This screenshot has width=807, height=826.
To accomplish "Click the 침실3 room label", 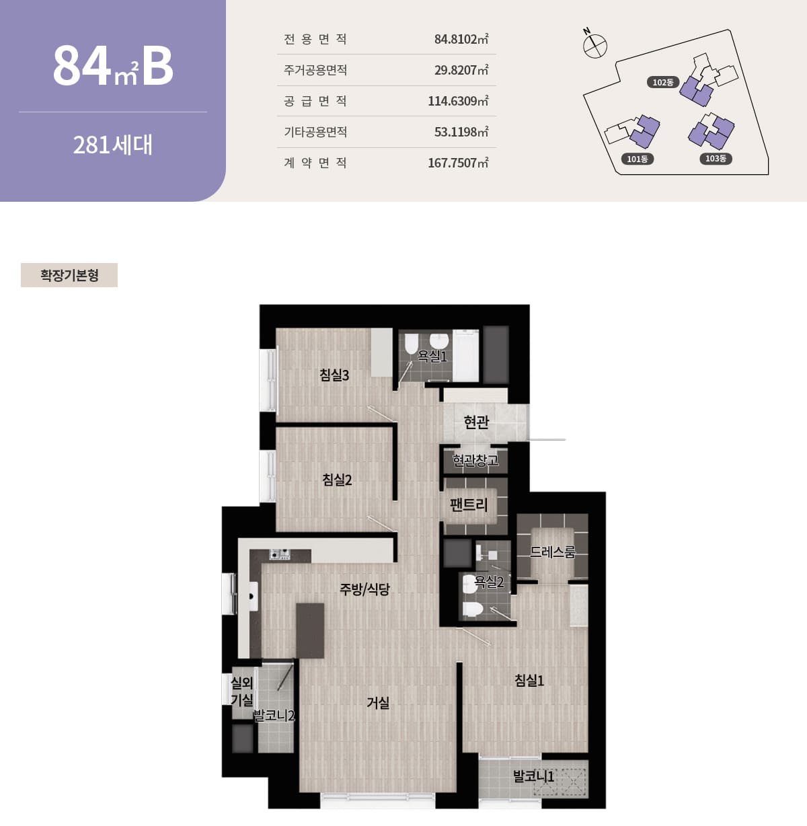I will coord(334,375).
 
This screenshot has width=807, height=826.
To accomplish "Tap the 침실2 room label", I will coord(337,480).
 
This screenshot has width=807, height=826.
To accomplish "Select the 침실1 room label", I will coord(529,680).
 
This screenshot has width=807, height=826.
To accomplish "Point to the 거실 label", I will coord(378,703).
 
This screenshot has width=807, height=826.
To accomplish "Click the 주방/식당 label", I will coord(364,589).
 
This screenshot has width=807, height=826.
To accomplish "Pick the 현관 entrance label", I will coord(476,422).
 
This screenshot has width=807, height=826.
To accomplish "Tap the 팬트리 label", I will coord(469,504).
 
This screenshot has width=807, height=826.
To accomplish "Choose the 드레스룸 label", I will coord(552,552).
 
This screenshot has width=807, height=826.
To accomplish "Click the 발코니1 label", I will coord(533,776).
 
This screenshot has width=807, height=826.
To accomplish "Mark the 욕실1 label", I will coord(432,356).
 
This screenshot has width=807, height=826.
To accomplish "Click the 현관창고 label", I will coord(475,460).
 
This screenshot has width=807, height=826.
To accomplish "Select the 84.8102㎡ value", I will coord(461,39).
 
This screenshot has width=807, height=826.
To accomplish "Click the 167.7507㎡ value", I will coord(458,163).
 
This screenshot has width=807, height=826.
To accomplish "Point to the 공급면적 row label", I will coord(315,101).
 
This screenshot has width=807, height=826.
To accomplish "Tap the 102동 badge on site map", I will coord(663,82).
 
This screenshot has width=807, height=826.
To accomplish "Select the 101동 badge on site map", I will coord(637,159).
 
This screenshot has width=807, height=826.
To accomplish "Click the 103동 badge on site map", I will coord(716,158).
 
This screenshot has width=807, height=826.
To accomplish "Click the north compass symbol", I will coord(594,45).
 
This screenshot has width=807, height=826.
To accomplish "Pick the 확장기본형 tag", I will coord(69,275).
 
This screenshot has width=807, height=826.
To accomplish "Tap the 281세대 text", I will coord(113,145).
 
